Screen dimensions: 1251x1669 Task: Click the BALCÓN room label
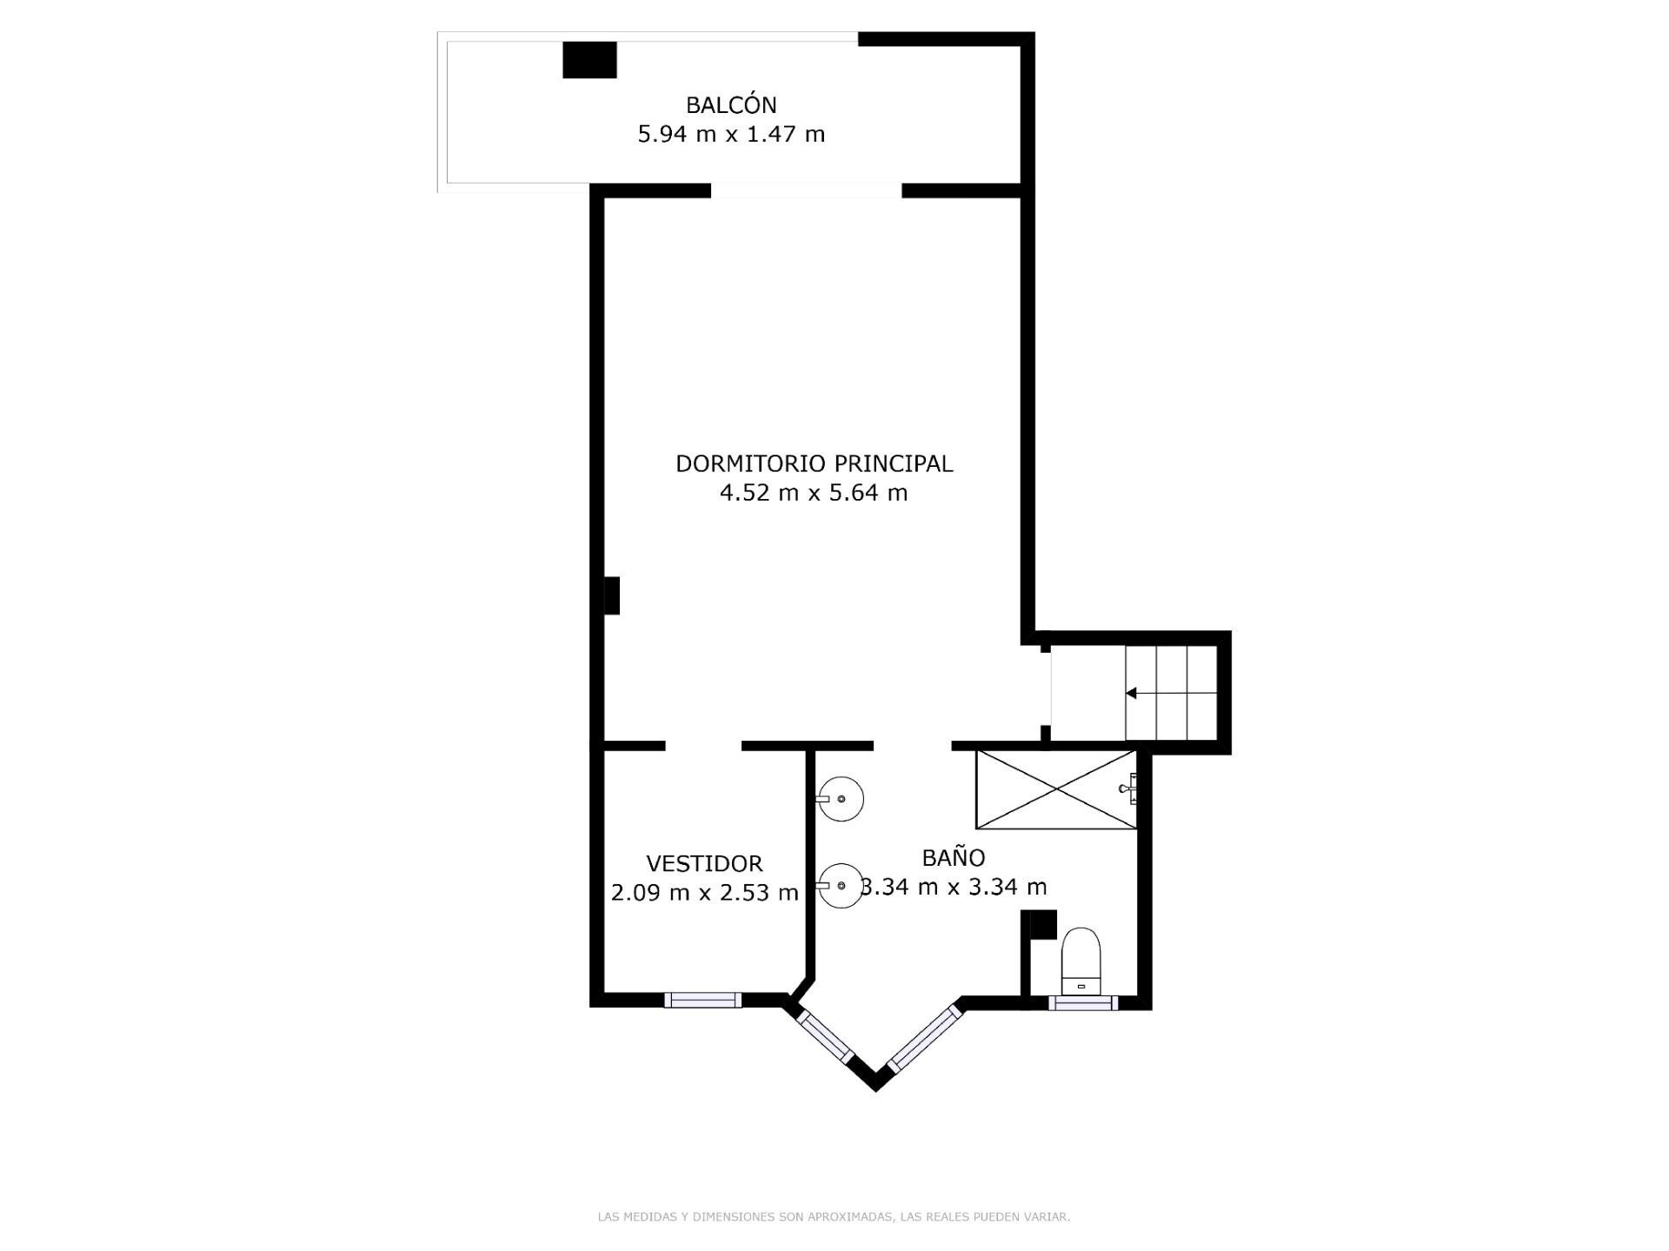click(x=731, y=105)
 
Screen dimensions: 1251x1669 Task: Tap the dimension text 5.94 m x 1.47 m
click(x=731, y=135)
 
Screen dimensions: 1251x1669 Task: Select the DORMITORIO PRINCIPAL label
click(x=814, y=464)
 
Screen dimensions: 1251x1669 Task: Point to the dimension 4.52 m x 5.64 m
click(x=814, y=494)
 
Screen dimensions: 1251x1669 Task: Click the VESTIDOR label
click(x=704, y=864)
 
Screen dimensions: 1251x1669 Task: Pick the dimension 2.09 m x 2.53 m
click(x=704, y=893)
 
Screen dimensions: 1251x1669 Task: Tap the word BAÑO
click(x=953, y=858)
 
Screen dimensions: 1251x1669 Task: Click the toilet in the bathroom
click(x=1081, y=961)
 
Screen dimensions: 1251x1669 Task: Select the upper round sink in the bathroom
click(x=841, y=798)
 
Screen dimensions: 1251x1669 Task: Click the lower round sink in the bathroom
click(x=841, y=885)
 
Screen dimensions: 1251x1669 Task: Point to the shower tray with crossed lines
click(x=1055, y=789)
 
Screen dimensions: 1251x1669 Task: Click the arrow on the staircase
click(x=1132, y=693)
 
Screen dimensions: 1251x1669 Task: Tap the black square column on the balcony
click(x=589, y=60)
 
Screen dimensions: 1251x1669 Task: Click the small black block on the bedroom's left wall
click(x=612, y=596)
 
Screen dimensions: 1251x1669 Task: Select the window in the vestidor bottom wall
click(x=702, y=1000)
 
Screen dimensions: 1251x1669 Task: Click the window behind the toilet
click(x=1082, y=1002)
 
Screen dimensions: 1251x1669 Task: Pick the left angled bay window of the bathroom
click(x=825, y=1037)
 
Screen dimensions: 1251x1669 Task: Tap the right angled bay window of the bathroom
click(x=924, y=1037)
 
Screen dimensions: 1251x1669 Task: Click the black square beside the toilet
click(x=1038, y=924)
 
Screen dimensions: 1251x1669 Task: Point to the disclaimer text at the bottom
click(x=834, y=1217)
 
